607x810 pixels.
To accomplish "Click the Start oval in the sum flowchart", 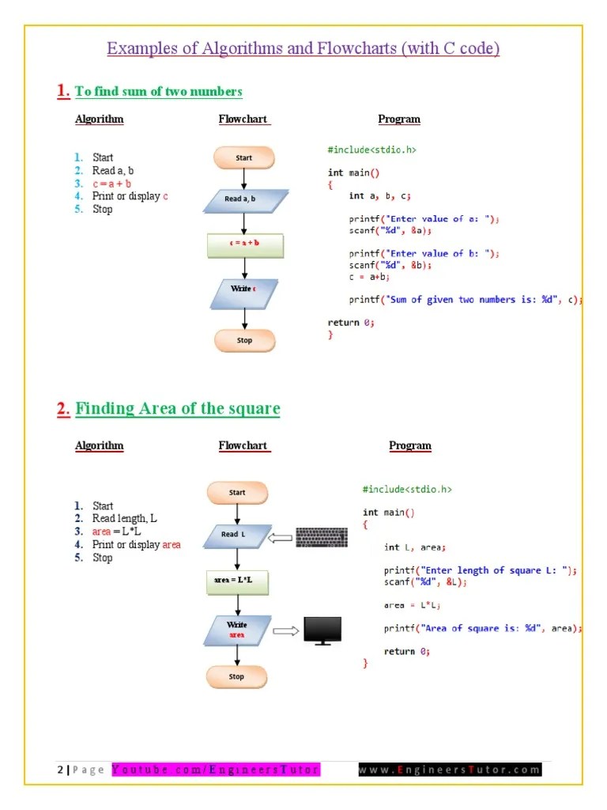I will coord(244,158).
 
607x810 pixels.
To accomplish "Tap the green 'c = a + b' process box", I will coord(244,244).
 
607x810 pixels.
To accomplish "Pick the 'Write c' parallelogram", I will coord(243,290).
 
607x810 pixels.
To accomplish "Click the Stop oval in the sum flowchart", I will coord(244,340).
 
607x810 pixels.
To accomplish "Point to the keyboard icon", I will coord(321,538).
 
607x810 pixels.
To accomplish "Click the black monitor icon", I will coord(322,630).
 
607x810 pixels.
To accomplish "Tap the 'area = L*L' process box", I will coord(236,581).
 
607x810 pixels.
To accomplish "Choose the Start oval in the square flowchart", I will coord(237,492).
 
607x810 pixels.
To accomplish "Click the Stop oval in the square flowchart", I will coord(236,676).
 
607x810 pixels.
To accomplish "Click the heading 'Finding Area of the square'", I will coord(177,409).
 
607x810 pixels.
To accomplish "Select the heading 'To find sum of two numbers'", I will coord(158,92).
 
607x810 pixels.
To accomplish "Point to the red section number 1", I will coord(62,91).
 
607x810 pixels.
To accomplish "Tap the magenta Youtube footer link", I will coord(215,770).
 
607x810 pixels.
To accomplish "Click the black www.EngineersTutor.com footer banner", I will coord(449,770).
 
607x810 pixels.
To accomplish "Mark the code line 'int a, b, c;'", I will coord(380,195).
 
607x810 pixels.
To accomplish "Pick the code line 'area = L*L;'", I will coord(412,605).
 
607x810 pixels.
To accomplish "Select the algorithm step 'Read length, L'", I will coord(124,519).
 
